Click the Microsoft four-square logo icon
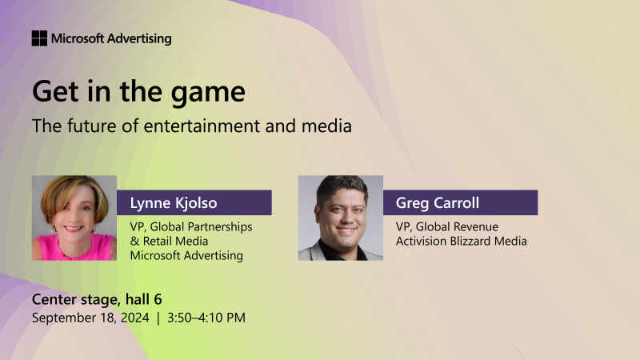tap(39, 38)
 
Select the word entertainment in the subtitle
tap(211, 126)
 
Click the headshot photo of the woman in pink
tap(74, 218)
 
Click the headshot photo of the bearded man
tap(341, 218)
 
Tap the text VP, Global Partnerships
tap(190, 227)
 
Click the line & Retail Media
tap(169, 242)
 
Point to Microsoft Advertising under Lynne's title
tap(186, 256)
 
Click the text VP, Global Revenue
tap(446, 227)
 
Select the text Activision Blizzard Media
tap(461, 242)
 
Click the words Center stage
tap(73, 300)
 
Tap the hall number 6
tap(158, 300)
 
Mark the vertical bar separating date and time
tap(158, 318)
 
